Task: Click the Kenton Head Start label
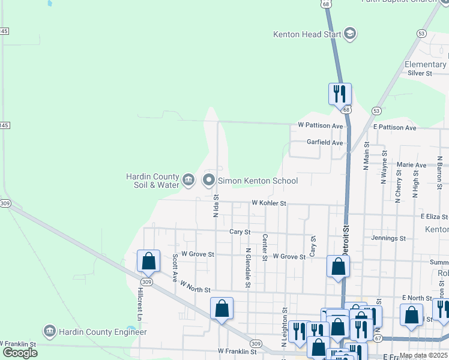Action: [307, 34]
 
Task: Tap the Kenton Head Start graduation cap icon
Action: [350, 34]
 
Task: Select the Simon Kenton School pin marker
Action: [209, 180]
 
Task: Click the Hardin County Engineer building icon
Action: [49, 331]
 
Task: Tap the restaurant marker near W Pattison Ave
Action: [339, 94]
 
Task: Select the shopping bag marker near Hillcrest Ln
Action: [148, 261]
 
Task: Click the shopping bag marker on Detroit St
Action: [338, 266]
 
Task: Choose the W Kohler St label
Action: [269, 204]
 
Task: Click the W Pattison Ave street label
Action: [320, 126]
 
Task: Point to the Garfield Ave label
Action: [325, 143]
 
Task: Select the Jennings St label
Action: [388, 238]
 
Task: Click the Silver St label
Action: [420, 73]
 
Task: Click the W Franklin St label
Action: [237, 352]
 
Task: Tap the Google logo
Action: [20, 352]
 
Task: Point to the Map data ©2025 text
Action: [423, 355]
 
